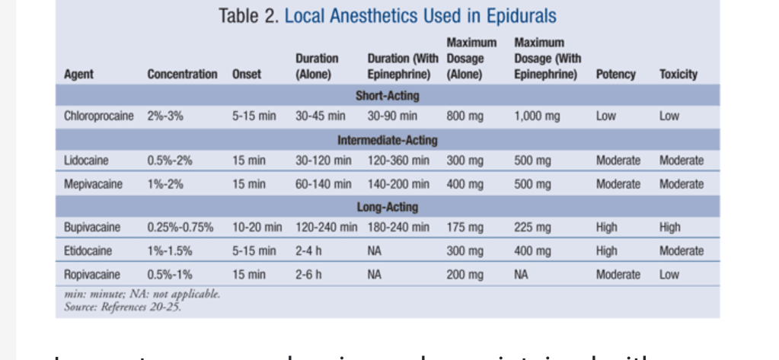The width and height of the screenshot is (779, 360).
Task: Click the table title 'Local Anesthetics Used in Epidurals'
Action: (x=420, y=16)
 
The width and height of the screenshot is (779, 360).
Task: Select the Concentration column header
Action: (x=182, y=75)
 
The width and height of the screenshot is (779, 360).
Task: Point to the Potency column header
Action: (x=615, y=75)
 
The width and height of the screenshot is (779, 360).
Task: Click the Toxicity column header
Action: (x=678, y=75)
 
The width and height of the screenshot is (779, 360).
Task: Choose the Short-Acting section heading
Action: (x=387, y=96)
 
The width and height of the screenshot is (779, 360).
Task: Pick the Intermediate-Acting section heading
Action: (x=387, y=140)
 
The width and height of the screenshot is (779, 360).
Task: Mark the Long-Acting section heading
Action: (x=387, y=207)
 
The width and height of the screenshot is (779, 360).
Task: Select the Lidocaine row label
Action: (x=86, y=161)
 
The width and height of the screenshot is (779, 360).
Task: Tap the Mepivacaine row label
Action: (x=93, y=184)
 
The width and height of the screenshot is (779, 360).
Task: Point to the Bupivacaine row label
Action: (x=93, y=228)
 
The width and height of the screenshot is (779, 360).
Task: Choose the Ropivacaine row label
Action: (x=92, y=275)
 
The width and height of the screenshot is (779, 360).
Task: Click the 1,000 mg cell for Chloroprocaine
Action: (x=537, y=116)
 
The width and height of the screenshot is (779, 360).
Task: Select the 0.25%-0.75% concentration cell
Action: (x=180, y=228)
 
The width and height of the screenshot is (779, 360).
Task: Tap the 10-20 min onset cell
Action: (x=257, y=228)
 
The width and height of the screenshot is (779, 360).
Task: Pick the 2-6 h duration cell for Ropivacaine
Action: (x=308, y=275)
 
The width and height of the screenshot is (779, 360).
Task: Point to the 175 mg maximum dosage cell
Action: (x=465, y=228)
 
